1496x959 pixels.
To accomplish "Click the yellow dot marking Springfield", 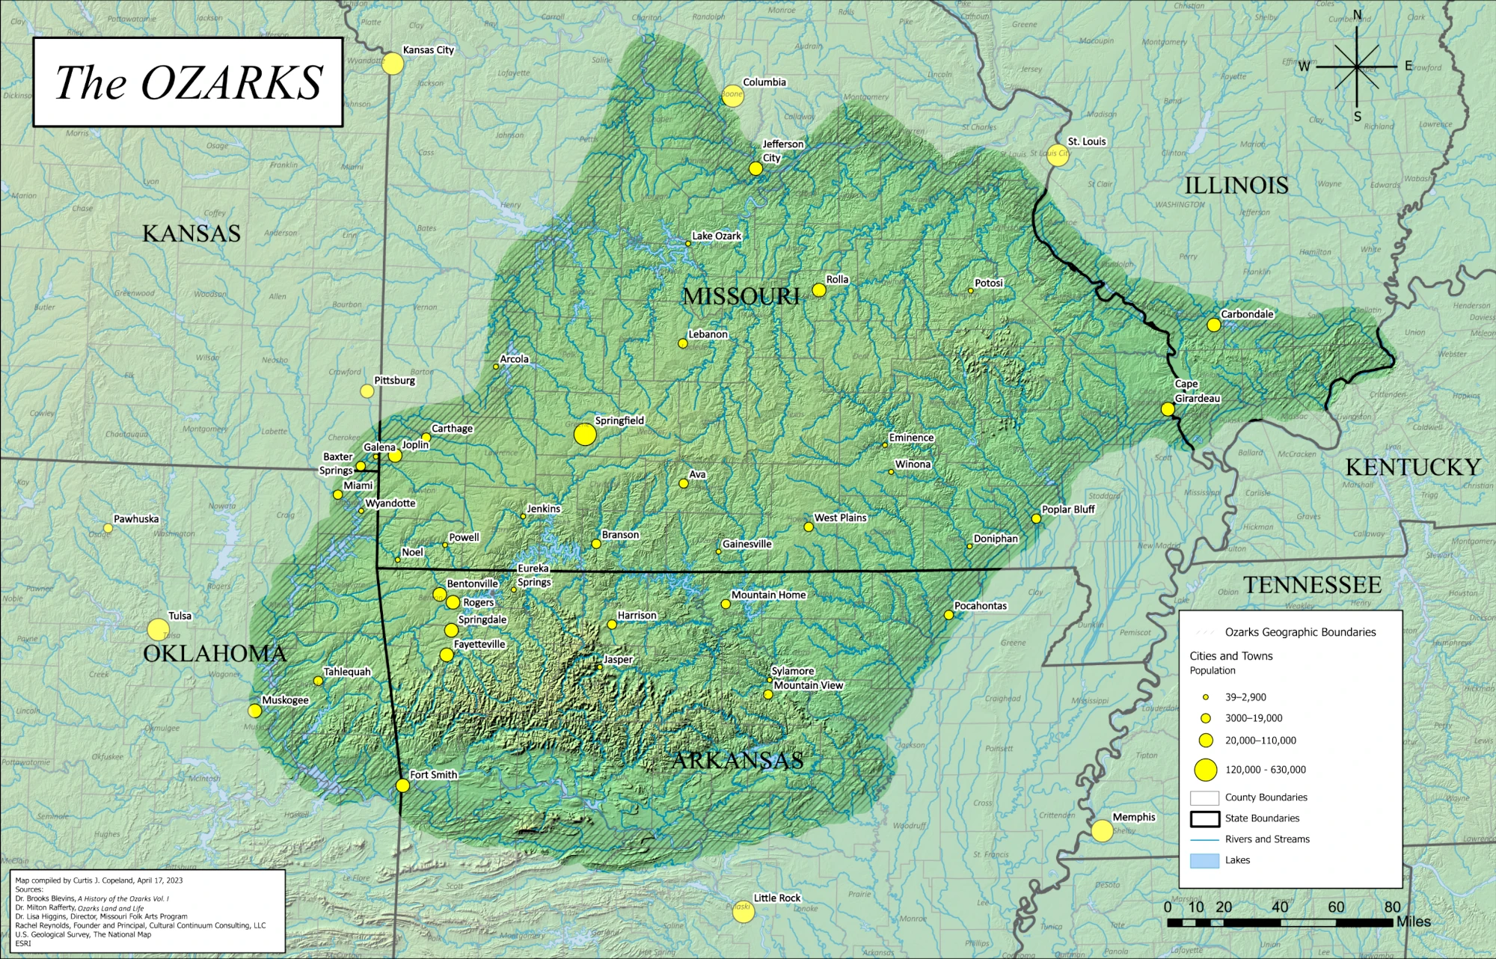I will (x=585, y=434).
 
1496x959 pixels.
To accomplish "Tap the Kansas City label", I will (x=428, y=50).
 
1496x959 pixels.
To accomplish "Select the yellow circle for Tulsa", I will (x=158, y=629).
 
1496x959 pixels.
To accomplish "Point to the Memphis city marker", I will (x=1102, y=830).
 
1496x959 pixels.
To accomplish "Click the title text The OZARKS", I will (x=188, y=82).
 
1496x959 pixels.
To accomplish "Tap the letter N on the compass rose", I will (x=1357, y=16).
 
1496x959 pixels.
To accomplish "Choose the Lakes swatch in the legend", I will (x=1204, y=860).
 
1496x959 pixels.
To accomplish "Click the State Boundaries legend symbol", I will (x=1204, y=818).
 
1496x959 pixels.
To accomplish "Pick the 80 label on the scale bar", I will (x=1392, y=907).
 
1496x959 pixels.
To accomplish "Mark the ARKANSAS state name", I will (x=738, y=761).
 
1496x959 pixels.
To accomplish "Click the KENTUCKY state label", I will (x=1412, y=468).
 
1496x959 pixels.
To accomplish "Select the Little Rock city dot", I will (x=743, y=912).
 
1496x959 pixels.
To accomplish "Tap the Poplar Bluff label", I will (x=1068, y=509).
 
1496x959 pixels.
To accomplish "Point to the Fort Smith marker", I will (x=402, y=785).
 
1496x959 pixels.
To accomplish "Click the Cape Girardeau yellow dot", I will (x=1168, y=409).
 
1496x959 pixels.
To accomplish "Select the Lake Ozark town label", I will (x=717, y=236).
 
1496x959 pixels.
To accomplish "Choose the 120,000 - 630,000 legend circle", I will (x=1206, y=769).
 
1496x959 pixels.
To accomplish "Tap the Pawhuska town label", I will (x=136, y=519).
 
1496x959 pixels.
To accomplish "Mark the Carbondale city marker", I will (x=1214, y=325).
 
